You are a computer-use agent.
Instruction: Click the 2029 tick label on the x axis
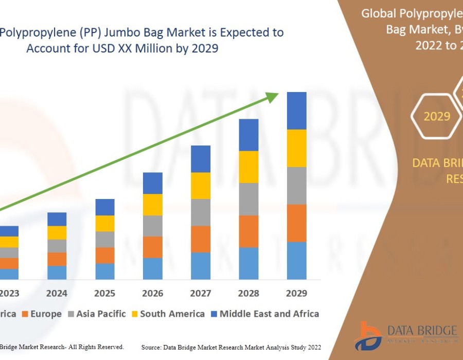pyautogui.click(x=296, y=293)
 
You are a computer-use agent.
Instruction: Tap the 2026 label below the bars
pyautogui.click(x=152, y=293)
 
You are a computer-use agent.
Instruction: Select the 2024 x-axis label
pyautogui.click(x=57, y=293)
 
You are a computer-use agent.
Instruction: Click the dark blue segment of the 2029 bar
pyautogui.click(x=296, y=111)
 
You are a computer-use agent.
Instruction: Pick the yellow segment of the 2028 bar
pyautogui.click(x=248, y=167)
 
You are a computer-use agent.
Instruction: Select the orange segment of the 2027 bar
pyautogui.click(x=201, y=239)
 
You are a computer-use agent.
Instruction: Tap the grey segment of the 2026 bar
pyautogui.click(x=152, y=226)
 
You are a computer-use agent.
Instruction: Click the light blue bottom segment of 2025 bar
pyautogui.click(x=105, y=271)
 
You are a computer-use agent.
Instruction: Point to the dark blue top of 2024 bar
pyautogui.click(x=57, y=219)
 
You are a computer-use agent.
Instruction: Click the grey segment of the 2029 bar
pyautogui.click(x=296, y=186)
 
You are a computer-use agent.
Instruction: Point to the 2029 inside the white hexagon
pyautogui.click(x=437, y=116)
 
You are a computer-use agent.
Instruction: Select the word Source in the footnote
pyautogui.click(x=153, y=348)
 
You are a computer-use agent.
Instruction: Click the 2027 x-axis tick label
pyautogui.click(x=201, y=293)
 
